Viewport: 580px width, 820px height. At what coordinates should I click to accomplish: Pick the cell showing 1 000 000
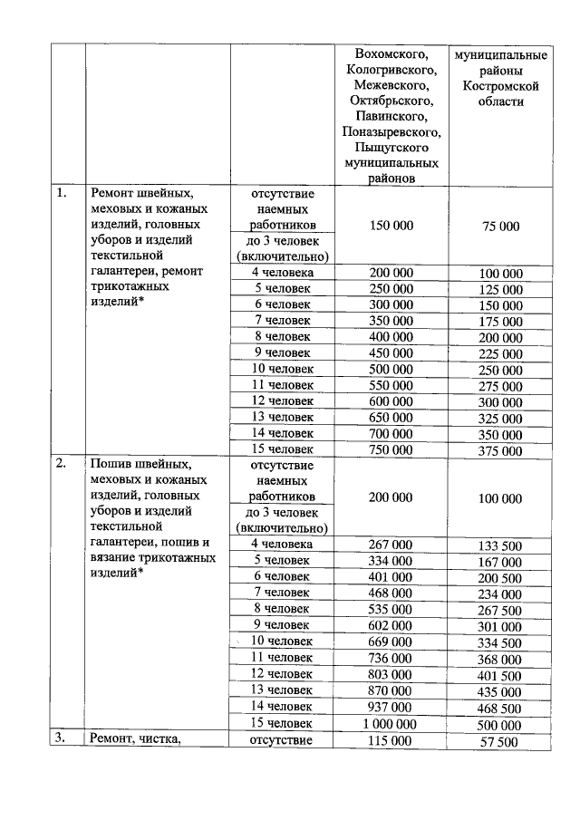click(391, 724)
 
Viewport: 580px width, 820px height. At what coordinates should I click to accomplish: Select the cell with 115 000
click(391, 740)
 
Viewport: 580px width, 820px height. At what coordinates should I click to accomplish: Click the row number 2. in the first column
click(61, 465)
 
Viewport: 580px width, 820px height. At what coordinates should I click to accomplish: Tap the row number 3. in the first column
click(61, 739)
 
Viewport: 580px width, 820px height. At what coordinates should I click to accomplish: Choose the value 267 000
click(391, 544)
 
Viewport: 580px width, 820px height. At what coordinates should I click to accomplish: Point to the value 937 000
click(391, 707)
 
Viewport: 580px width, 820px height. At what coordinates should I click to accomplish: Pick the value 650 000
click(391, 416)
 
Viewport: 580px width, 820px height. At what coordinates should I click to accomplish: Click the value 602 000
click(391, 624)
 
